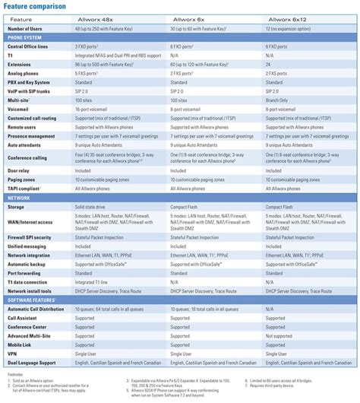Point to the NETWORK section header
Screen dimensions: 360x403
20,196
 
